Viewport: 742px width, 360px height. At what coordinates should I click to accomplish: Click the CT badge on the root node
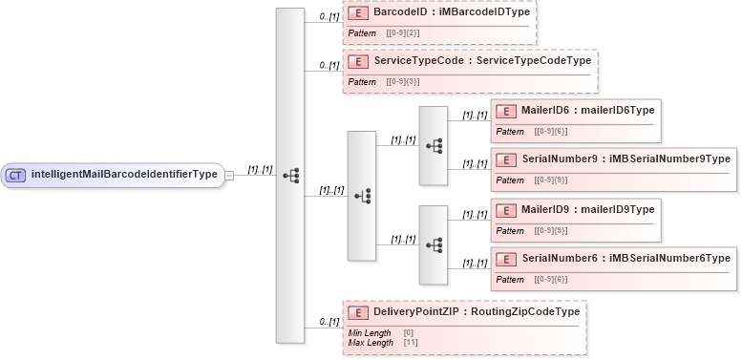point(15,175)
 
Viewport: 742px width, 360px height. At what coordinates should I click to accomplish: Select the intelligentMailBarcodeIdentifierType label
point(124,175)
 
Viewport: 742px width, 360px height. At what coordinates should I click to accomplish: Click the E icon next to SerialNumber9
point(506,158)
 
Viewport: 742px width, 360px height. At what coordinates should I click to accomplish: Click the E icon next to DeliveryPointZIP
point(358,312)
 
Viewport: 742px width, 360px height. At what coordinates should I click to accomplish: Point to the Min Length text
point(370,333)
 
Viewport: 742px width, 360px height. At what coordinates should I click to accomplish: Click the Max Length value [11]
point(411,342)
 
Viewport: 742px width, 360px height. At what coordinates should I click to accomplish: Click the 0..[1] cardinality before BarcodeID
point(329,17)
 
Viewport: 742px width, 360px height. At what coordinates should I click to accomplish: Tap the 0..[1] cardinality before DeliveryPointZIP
point(329,322)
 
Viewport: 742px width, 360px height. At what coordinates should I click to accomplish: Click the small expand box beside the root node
point(229,176)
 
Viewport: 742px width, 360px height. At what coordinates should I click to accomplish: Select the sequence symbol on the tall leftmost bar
point(290,176)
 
